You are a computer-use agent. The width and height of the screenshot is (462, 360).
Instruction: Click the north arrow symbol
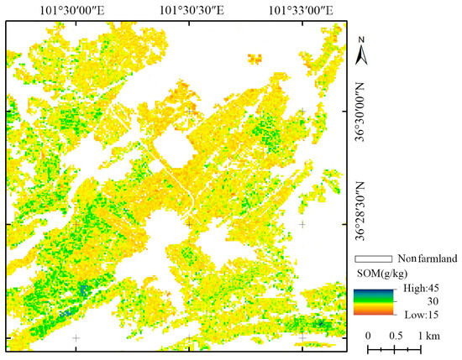coord(361,55)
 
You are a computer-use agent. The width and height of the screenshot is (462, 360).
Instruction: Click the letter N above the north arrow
coord(361,39)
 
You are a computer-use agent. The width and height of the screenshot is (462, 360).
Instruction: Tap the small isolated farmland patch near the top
coord(255,58)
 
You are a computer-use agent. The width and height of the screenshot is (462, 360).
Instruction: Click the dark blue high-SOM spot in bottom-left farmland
coord(82,291)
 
